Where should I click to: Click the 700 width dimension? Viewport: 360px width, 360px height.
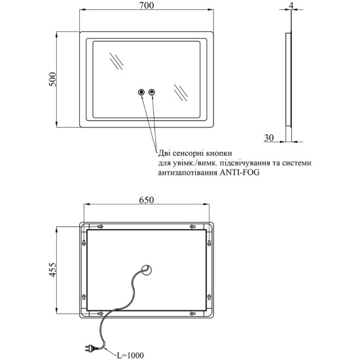pos(147,5)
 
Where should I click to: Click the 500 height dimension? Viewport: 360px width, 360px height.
pos(52,79)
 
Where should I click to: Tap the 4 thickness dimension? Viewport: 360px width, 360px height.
pos(291,5)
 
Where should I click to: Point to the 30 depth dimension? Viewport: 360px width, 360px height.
pos(269,137)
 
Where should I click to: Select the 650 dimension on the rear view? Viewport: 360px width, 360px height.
pos(147,200)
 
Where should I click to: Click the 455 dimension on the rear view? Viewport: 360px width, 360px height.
pos(52,270)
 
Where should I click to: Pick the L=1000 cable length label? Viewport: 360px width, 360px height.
pos(130,355)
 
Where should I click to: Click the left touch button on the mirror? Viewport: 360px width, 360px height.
pos(141,92)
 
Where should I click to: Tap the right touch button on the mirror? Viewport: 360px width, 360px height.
pos(152,92)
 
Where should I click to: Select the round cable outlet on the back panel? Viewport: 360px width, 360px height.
pos(146,270)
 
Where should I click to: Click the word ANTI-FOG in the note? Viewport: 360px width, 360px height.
pos(240,172)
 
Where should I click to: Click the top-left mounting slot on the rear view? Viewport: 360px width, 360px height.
pos(100,226)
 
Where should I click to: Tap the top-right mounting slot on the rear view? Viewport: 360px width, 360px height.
pos(192,226)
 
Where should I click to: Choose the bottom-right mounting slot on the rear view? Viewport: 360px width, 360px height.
pos(192,314)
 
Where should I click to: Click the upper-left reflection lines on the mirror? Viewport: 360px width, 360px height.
pos(117,62)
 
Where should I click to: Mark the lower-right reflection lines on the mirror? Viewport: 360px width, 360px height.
pos(181,92)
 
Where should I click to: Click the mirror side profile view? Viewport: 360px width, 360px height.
pos(289,87)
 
